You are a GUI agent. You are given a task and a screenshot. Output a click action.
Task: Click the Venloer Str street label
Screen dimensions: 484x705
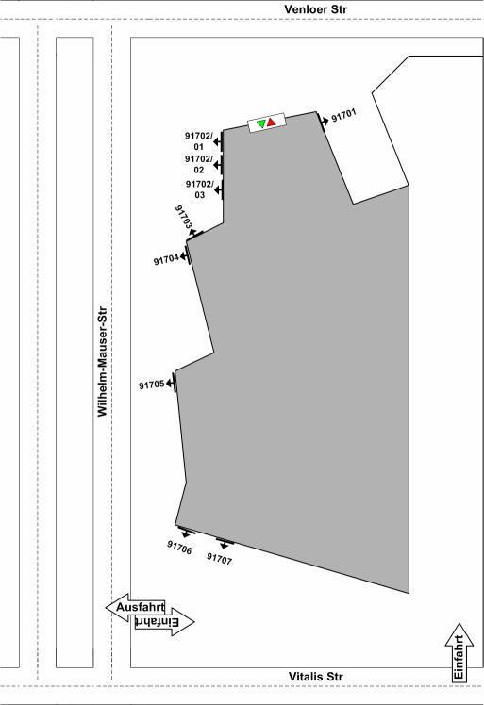(316, 9)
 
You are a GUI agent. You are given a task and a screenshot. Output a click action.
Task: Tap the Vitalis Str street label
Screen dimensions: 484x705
(316, 676)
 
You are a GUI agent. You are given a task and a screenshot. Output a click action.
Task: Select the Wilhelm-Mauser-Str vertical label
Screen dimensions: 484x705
(103, 362)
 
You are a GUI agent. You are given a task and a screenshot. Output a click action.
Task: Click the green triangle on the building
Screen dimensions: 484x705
(261, 123)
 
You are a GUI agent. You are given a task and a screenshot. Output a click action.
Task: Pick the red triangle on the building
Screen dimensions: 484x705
(271, 122)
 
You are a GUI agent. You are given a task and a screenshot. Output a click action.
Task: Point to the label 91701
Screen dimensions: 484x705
(343, 116)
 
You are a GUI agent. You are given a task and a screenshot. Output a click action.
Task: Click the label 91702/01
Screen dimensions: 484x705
(198, 140)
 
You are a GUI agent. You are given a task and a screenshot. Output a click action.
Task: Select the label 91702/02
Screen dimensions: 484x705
(198, 164)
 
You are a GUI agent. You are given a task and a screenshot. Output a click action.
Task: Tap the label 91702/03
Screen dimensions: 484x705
(199, 189)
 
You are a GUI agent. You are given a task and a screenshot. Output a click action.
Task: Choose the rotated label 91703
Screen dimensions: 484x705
(184, 217)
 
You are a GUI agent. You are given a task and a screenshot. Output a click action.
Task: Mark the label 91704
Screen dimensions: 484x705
(166, 260)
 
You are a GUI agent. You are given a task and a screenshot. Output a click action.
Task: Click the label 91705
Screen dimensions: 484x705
(151, 385)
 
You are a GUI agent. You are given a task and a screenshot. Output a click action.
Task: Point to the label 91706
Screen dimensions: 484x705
(179, 548)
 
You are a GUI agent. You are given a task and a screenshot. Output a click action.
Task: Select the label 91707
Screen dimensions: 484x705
(219, 559)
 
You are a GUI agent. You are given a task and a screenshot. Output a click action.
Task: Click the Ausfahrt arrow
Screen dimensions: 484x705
(136, 607)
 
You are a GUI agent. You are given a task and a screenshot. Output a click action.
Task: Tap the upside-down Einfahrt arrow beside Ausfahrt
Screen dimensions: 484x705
(165, 622)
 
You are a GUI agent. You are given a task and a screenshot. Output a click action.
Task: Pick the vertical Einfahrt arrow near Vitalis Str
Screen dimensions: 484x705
(459, 652)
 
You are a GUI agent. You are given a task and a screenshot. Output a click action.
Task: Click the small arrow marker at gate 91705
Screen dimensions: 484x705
(171, 383)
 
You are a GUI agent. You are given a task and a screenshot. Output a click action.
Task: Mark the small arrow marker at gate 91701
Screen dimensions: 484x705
(324, 121)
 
